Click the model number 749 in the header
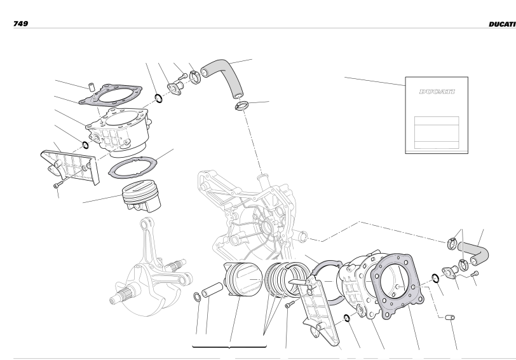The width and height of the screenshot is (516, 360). (20, 24)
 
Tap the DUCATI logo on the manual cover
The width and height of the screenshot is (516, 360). (437, 92)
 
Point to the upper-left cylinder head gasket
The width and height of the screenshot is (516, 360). (111, 94)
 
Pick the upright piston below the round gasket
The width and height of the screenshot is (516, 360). (142, 197)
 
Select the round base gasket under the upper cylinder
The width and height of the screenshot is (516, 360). (133, 167)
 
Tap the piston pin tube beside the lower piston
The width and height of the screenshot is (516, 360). (212, 290)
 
